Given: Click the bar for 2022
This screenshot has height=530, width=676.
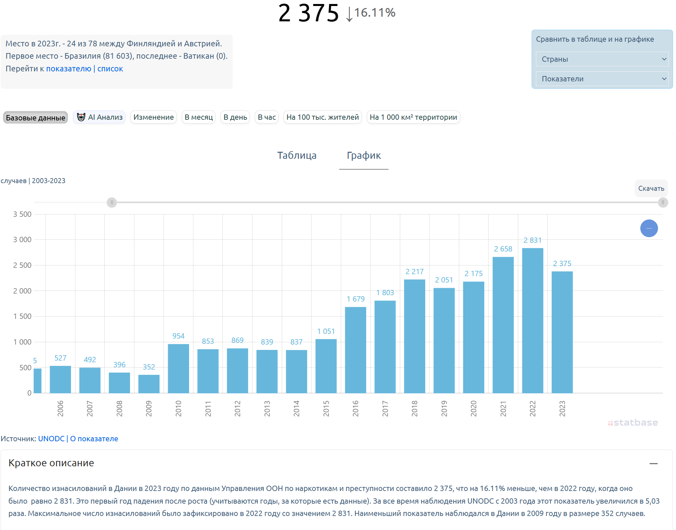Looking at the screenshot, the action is point(533,321).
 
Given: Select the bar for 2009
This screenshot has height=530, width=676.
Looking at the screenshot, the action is point(149,384).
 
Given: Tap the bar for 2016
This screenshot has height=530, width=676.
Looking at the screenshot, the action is point(356,350).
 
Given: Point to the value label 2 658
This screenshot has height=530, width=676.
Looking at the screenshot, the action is point(503,249).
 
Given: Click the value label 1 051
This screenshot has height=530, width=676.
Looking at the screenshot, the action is point(326,331).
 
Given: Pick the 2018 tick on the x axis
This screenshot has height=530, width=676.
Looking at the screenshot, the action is point(415,409).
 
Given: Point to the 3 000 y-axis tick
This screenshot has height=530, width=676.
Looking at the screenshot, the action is point(22,239).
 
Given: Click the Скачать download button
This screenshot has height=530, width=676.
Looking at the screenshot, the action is point(651,188).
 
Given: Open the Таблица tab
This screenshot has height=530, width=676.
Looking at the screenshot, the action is point(297,155).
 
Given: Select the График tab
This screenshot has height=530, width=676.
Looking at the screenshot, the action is point(364,155).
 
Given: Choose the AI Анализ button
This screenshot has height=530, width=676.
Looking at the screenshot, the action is point(99,117).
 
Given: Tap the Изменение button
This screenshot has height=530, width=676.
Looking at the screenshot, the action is point(153,117).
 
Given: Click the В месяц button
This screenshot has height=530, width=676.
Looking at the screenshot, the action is point(198,117).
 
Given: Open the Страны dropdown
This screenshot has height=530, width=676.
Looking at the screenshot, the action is point(602,59).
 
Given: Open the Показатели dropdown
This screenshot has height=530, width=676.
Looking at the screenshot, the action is point(602,79).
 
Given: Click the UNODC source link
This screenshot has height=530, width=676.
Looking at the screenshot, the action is point(51,439).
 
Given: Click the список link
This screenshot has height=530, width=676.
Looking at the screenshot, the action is point(110,69).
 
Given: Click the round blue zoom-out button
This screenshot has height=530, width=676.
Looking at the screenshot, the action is point(649,228).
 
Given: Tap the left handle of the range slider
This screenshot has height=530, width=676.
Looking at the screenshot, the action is point(112,202).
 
